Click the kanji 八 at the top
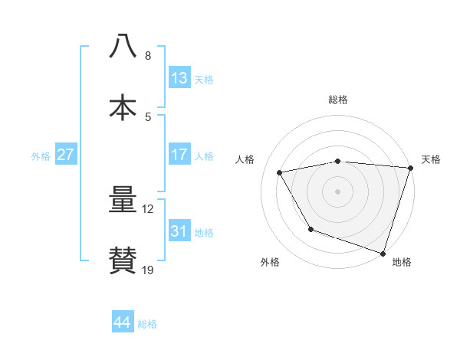123,45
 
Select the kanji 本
123,106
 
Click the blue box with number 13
179,78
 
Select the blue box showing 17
179,155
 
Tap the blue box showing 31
179,231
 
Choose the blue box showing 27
66,155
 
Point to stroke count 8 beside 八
148,56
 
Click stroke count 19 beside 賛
148,270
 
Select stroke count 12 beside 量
148,209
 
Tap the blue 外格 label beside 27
41,155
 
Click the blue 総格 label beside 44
147,324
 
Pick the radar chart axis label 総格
338,100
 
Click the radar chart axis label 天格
431,159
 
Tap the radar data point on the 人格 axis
280,173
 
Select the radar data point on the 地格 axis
383,253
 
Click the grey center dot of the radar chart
338,191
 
